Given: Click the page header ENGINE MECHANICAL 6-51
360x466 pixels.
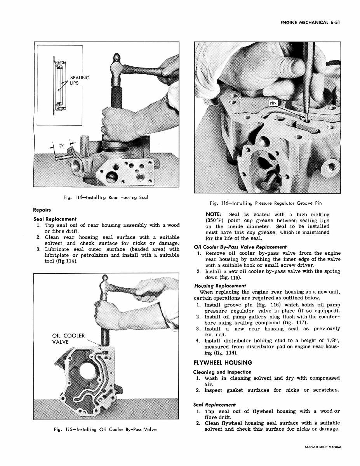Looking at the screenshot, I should pyautogui.click(x=310, y=23).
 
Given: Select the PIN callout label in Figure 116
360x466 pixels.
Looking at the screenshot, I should pyautogui.click(x=273, y=103).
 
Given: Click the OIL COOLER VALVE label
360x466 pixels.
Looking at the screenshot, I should pyautogui.click(x=68, y=339).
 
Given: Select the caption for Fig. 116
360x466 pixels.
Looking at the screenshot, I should pyautogui.click(x=266, y=203).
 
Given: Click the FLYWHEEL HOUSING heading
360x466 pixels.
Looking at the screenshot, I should pyautogui.click(x=223, y=363).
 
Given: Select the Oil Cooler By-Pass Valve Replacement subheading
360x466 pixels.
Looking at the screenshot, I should pyautogui.click(x=240, y=247).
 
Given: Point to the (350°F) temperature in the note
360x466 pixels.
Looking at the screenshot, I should pyautogui.click(x=214, y=221).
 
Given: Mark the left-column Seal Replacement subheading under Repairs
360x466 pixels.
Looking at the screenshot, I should pyautogui.click(x=55, y=219).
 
